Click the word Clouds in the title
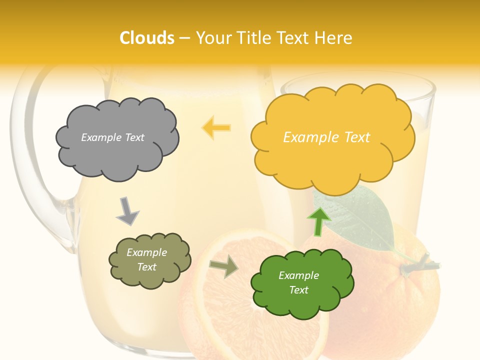(x=147, y=38)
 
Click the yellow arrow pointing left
(x=216, y=127)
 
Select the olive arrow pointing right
(x=223, y=267)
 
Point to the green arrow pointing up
(x=318, y=221)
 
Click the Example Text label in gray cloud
(x=112, y=137)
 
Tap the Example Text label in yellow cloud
(x=326, y=137)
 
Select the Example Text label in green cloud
(x=298, y=282)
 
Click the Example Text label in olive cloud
(x=146, y=259)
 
